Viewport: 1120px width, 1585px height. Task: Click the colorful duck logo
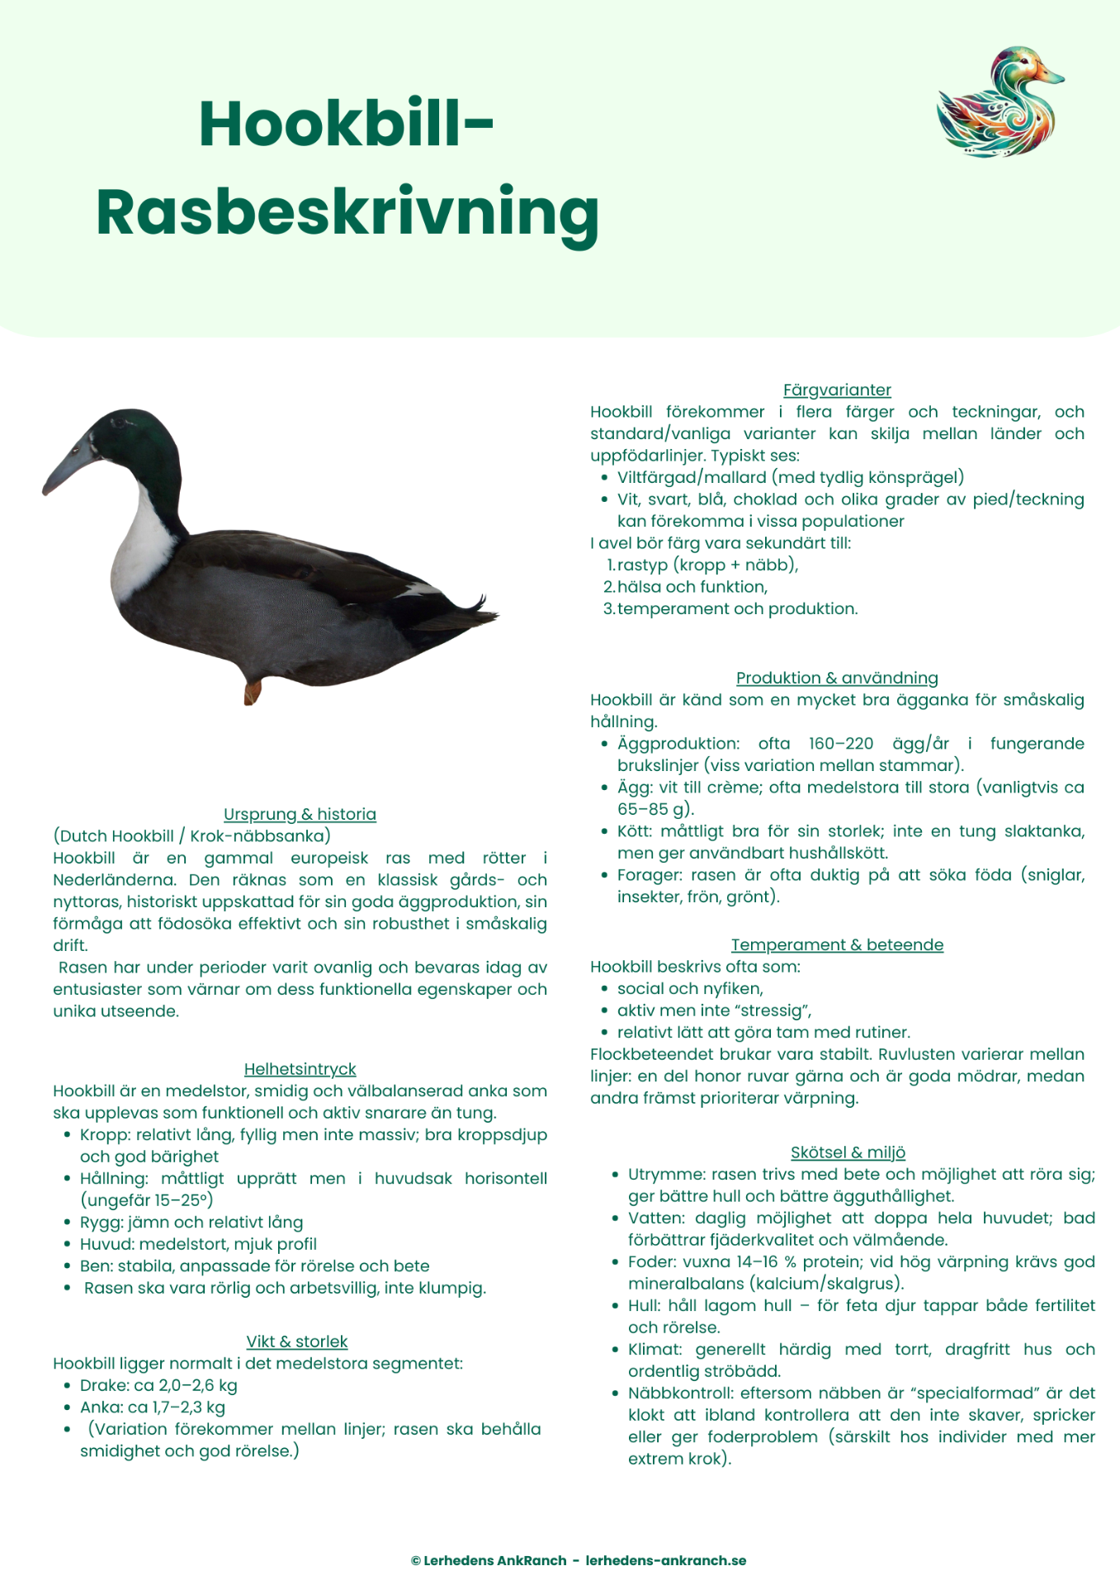click(x=999, y=102)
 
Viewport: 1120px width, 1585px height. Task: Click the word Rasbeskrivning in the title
click(x=347, y=213)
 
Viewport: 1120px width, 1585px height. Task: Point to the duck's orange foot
click(x=252, y=692)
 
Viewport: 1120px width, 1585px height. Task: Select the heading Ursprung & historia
click(x=300, y=814)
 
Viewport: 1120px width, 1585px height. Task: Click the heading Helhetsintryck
click(x=300, y=1069)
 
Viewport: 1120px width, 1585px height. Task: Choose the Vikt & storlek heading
click(x=297, y=1341)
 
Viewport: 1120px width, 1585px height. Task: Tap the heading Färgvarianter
click(x=837, y=390)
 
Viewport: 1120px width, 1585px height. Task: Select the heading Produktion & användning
click(x=837, y=678)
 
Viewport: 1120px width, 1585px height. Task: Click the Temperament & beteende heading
click(x=837, y=944)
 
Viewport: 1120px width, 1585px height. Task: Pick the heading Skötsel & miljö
click(x=848, y=1152)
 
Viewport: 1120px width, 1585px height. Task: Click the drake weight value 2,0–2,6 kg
click(x=198, y=1385)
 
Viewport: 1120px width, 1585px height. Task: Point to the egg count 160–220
click(x=841, y=743)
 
